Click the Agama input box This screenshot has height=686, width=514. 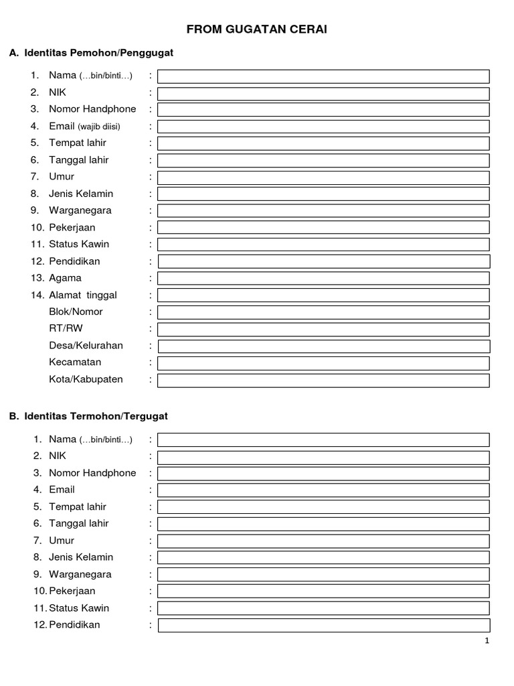click(323, 278)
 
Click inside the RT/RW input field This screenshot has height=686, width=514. click(323, 329)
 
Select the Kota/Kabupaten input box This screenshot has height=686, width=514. click(323, 380)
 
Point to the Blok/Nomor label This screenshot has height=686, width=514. click(76, 312)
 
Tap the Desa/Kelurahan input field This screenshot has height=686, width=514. click(323, 346)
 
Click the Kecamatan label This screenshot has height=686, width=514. click(75, 362)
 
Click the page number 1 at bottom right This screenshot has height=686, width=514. click(487, 641)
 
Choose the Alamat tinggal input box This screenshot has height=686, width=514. click(323, 295)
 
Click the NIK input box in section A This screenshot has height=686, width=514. click(323, 93)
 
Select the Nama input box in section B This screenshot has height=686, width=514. click(323, 439)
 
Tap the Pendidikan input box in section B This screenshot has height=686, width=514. click(323, 625)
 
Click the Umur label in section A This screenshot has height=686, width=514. click(62, 177)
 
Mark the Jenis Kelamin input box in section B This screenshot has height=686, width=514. click(323, 557)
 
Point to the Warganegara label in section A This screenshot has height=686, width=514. click(80, 210)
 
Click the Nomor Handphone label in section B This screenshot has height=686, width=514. click(92, 473)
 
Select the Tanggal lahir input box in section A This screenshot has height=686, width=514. click(323, 160)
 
